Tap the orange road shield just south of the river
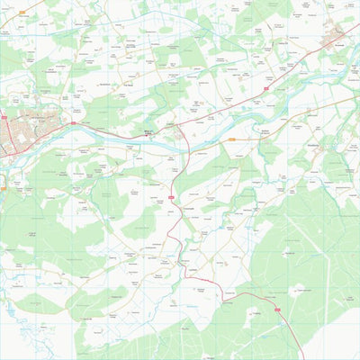coord(231,140)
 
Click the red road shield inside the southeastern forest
coord(277,310)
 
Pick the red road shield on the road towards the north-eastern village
coord(268,89)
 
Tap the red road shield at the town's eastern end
coord(73,123)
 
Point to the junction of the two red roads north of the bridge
coord(178,125)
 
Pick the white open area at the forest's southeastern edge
coord(337,337)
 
